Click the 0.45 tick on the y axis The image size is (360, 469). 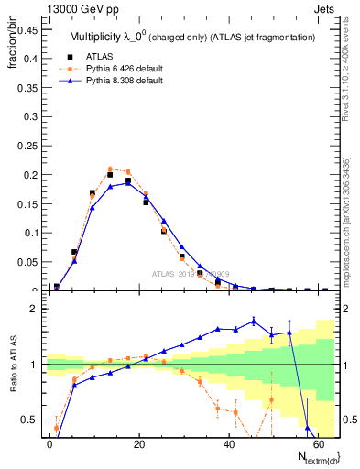[27, 29]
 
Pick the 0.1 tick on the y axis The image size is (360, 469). [31, 233]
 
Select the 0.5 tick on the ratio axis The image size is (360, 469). [31, 420]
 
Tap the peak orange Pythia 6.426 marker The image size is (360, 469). [110, 169]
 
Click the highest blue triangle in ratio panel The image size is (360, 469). [254, 321]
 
